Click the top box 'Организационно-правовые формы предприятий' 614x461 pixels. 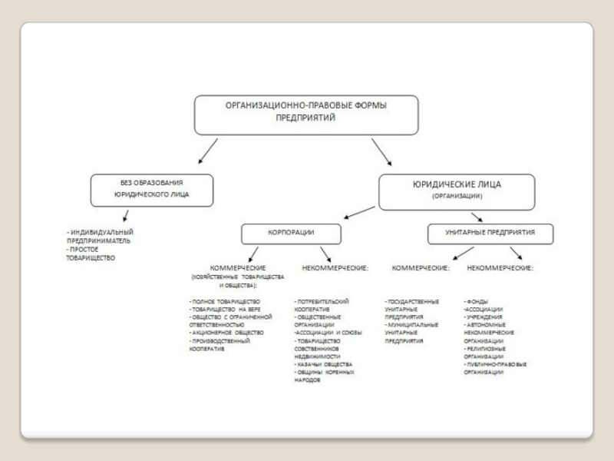coord(305,114)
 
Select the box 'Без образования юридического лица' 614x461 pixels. coord(152,189)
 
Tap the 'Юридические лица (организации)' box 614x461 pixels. coord(457,189)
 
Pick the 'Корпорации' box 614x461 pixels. coord(290,232)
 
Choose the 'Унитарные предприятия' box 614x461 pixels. coord(489,232)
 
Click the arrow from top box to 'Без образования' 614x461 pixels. coord(208,151)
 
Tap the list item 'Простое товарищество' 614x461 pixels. coord(91,254)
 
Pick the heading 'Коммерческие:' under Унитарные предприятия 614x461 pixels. coord(421,267)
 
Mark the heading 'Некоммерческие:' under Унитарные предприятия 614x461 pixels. coord(500,267)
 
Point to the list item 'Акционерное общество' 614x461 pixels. coord(227,332)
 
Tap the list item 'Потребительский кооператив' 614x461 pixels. coord(322,305)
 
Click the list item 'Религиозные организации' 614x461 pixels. coord(484,352)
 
